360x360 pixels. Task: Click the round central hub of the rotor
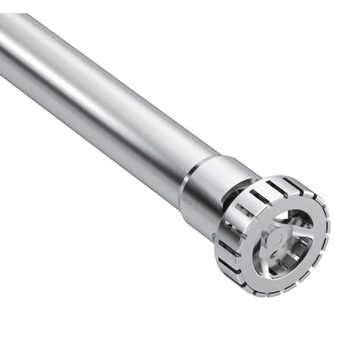[x=276, y=238]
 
